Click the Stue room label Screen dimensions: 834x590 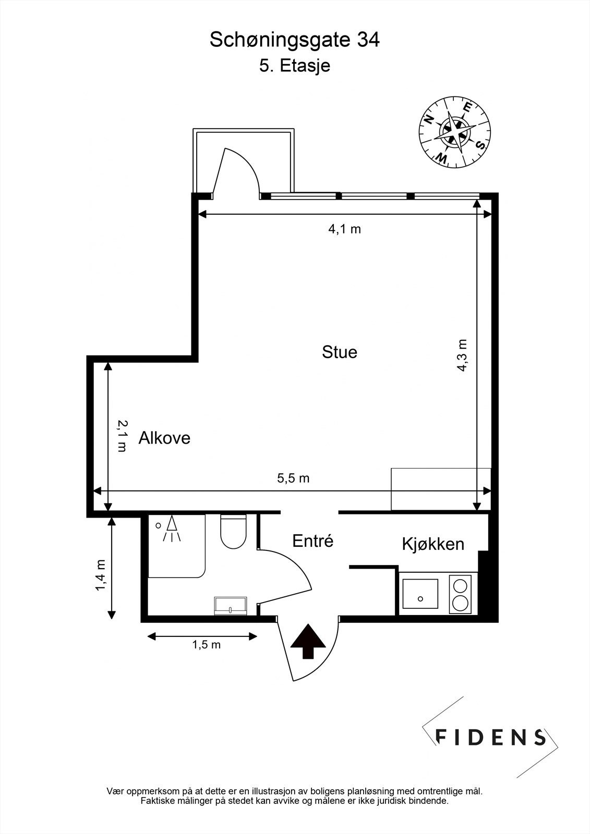340,352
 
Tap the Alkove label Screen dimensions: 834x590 164,438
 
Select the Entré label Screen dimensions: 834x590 312,541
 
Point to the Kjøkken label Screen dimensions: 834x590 433,544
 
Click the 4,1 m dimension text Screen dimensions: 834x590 344,229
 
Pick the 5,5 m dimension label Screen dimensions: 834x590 293,478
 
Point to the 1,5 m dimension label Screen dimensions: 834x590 207,645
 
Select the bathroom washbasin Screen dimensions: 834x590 231,606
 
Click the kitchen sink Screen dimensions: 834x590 420,594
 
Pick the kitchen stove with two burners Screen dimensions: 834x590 460,594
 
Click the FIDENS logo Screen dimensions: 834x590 490,737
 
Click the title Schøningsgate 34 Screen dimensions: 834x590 294,40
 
